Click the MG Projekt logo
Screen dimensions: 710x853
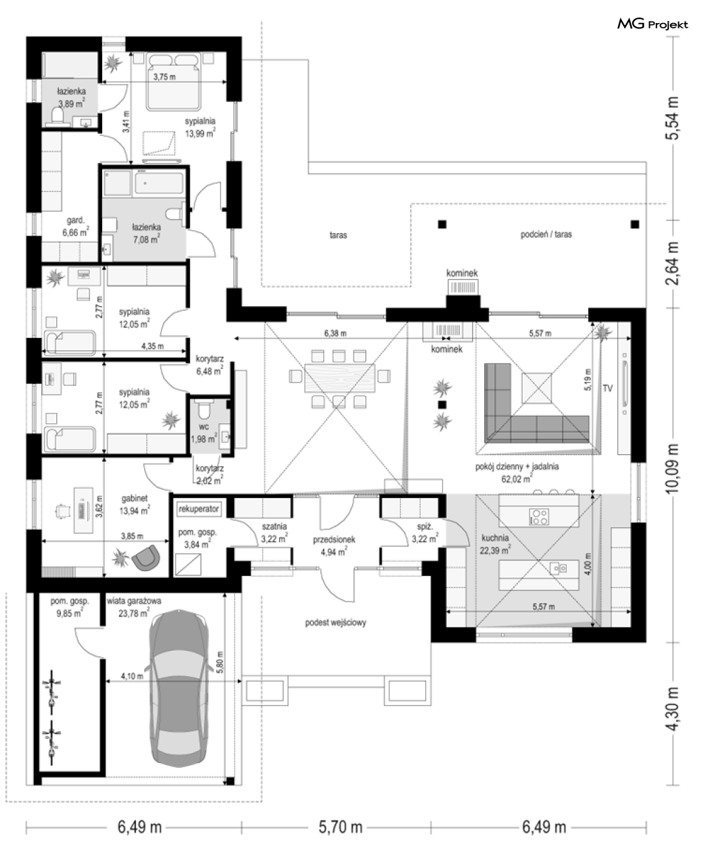(653, 24)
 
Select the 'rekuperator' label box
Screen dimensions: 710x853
(198, 509)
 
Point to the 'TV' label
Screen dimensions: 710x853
(607, 389)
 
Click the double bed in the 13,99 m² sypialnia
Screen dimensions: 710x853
(174, 81)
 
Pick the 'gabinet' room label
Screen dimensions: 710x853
(135, 498)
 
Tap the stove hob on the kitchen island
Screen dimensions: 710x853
(539, 516)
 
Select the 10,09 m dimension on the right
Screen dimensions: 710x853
(673, 468)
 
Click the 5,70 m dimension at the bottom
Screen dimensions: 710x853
(341, 827)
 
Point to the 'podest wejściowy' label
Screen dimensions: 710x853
(335, 623)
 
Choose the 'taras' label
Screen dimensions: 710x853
(339, 235)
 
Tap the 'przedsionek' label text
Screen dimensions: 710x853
(334, 539)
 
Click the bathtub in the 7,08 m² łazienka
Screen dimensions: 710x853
(159, 182)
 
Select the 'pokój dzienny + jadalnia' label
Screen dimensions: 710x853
(517, 466)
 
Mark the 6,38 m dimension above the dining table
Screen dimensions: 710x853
(335, 333)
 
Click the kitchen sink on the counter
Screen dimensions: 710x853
(558, 568)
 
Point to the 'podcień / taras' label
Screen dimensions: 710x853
(546, 235)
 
